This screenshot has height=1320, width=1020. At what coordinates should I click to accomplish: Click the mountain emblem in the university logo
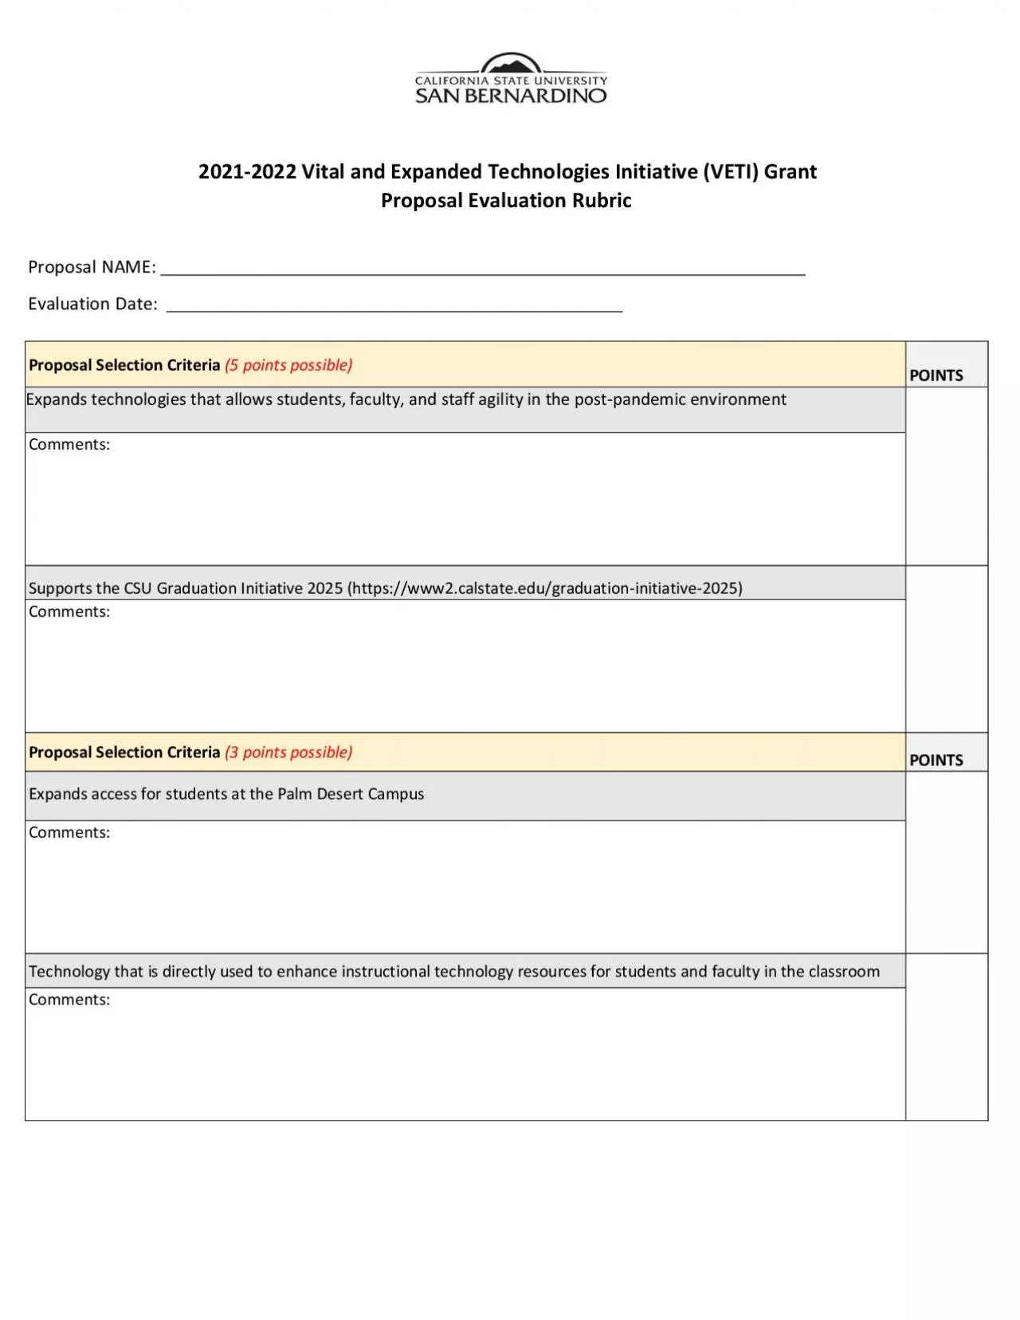click(511, 64)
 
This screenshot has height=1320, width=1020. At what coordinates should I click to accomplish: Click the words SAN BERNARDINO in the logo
click(511, 96)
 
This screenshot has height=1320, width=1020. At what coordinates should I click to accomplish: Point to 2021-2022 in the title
click(247, 171)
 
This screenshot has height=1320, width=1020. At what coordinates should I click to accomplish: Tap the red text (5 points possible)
click(288, 365)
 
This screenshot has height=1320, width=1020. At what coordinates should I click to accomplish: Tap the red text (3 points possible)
click(288, 752)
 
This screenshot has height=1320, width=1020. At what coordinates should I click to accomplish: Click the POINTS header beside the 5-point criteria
click(936, 375)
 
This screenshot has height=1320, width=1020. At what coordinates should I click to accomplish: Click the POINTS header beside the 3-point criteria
click(936, 760)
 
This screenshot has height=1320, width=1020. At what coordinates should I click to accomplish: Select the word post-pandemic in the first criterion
click(630, 399)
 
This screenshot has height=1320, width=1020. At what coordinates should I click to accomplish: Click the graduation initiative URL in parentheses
click(545, 588)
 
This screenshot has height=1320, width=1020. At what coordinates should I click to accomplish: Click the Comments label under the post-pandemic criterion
click(69, 445)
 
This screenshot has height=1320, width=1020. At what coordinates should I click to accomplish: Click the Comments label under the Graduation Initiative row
click(69, 612)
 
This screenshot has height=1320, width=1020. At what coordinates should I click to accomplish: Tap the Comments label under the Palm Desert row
click(69, 833)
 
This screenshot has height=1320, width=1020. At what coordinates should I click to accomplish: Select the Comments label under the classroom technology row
click(69, 1000)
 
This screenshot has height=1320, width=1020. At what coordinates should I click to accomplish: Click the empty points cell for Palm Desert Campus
click(946, 862)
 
